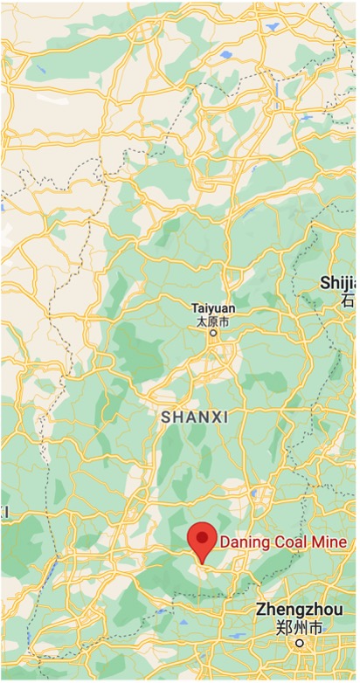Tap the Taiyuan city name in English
coord(212,309)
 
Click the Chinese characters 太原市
coord(212,321)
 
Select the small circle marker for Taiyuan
coord(212,333)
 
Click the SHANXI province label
coord(195,418)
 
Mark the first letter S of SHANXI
coord(166,418)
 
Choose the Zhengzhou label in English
coord(297,610)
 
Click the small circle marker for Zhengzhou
coord(299,643)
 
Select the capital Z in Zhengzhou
coord(261,609)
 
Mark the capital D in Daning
coord(225,542)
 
